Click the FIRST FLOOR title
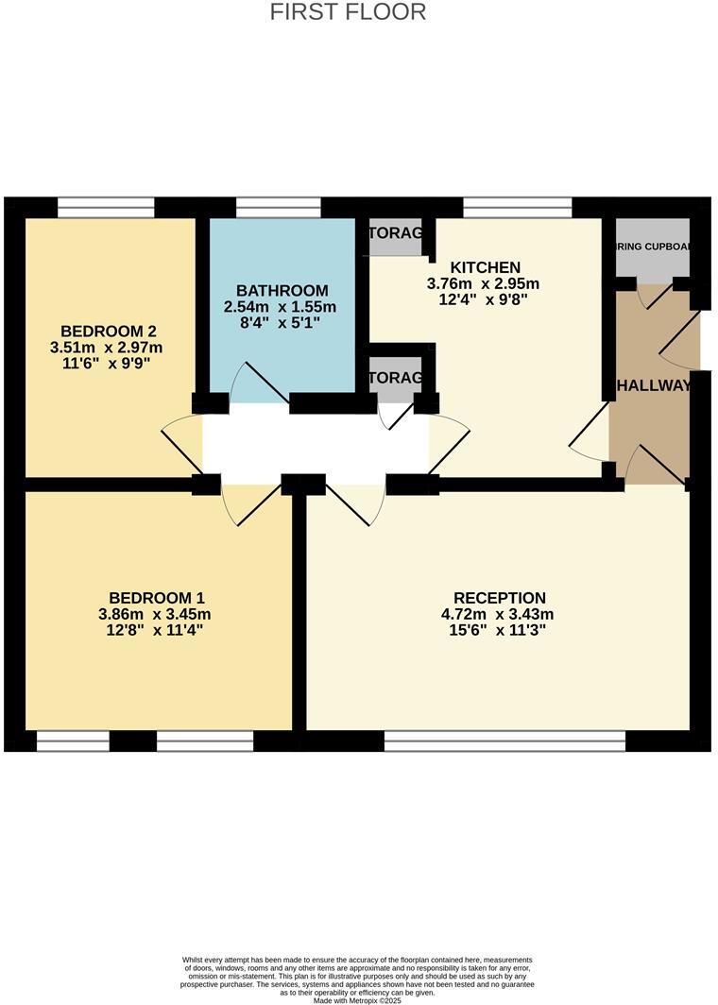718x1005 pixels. [x=348, y=12]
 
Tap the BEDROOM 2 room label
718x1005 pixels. [x=108, y=331]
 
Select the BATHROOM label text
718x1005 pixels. [x=282, y=291]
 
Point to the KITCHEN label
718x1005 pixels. [x=485, y=267]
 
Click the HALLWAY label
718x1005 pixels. [x=653, y=386]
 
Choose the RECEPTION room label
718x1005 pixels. [x=500, y=598]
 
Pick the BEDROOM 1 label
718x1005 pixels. [x=157, y=598]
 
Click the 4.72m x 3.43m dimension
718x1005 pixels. [x=500, y=615]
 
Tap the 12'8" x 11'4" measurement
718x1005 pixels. [x=157, y=631]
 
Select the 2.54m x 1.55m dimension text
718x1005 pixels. [x=281, y=307]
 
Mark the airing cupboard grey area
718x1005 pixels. [x=653, y=249]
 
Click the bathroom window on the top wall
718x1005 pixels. [x=278, y=208]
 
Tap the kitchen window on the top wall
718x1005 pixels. [x=518, y=208]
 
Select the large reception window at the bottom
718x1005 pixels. [x=504, y=741]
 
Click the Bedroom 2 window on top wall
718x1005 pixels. [x=106, y=208]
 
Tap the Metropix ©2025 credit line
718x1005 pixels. [x=357, y=1000]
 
